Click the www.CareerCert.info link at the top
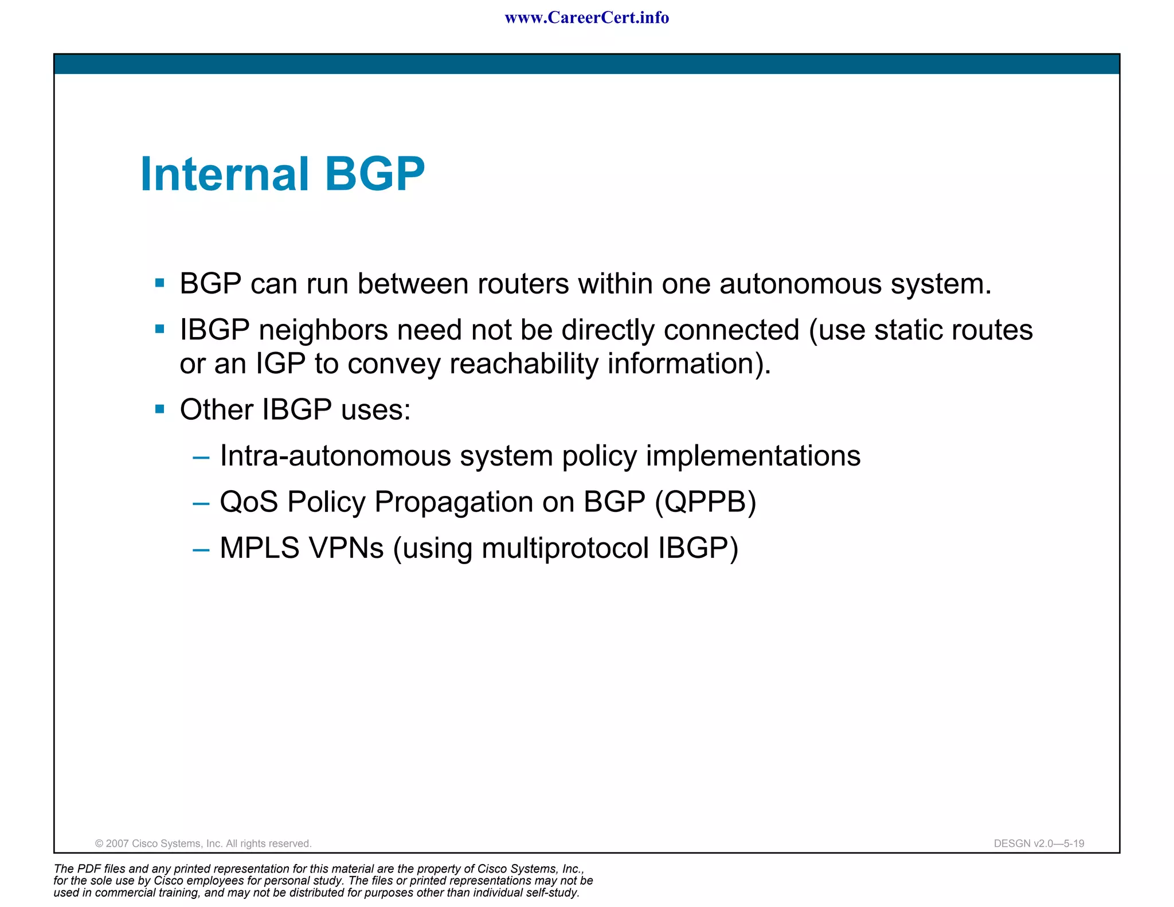point(586,18)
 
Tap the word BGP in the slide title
point(375,174)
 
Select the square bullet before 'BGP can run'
point(160,283)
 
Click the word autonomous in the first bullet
point(800,284)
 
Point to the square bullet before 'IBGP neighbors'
point(160,329)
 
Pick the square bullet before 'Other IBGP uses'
point(160,409)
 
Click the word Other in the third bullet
point(216,410)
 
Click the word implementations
point(753,456)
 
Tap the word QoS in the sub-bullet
point(249,502)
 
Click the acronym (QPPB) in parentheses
point(706,502)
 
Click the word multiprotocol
point(565,549)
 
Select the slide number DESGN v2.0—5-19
point(1039,843)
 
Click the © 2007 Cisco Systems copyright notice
point(203,843)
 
